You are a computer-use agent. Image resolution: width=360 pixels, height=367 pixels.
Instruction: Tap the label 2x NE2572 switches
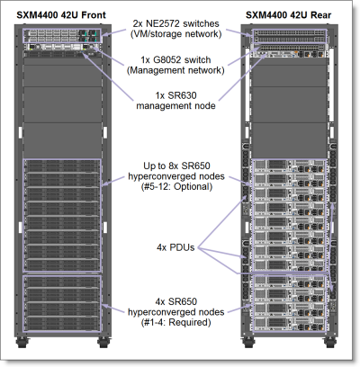tap(179, 22)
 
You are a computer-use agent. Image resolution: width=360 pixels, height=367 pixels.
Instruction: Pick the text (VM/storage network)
tap(179, 35)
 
